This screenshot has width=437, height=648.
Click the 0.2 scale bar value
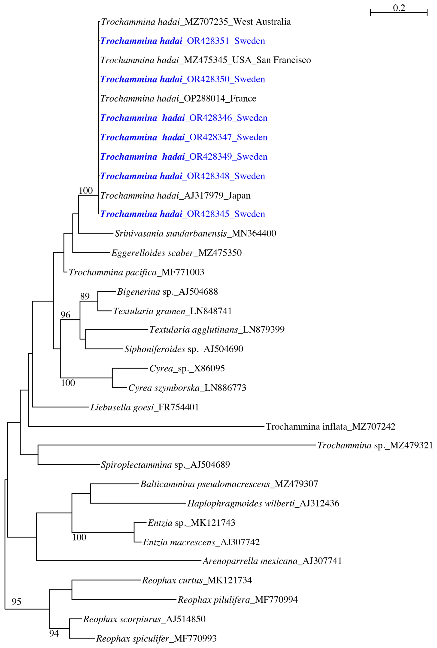[399, 8]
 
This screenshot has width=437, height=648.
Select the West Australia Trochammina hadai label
[196, 22]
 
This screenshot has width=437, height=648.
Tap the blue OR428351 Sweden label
[182, 41]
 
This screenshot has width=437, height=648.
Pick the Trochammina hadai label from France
[178, 99]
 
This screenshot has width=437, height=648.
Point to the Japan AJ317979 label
[175, 195]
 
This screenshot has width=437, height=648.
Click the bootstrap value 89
[85, 296]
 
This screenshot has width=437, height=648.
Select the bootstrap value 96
[65, 315]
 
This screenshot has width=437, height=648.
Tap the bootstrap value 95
[16, 602]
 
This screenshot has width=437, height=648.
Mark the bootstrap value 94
[54, 633]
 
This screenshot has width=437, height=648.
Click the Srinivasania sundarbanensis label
[195, 233]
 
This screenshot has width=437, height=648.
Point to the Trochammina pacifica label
[137, 272]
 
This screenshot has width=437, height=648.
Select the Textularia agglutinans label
[217, 330]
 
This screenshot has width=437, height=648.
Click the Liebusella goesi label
[145, 407]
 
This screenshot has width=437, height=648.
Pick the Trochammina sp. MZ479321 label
[375, 445]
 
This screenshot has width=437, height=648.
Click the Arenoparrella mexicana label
[272, 561]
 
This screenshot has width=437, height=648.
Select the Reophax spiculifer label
[156, 638]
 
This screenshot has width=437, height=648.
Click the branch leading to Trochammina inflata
[145, 426]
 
